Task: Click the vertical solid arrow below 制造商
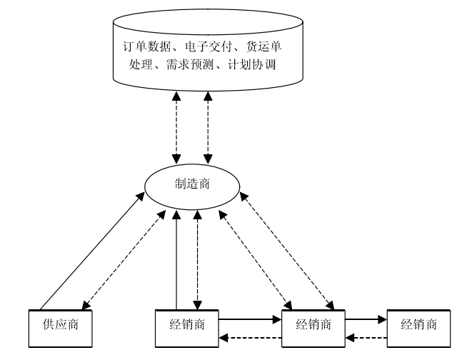click(x=176, y=257)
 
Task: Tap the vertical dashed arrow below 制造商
click(x=196, y=257)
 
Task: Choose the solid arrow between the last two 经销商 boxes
click(x=366, y=321)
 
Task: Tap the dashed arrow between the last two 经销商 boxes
click(x=366, y=336)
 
